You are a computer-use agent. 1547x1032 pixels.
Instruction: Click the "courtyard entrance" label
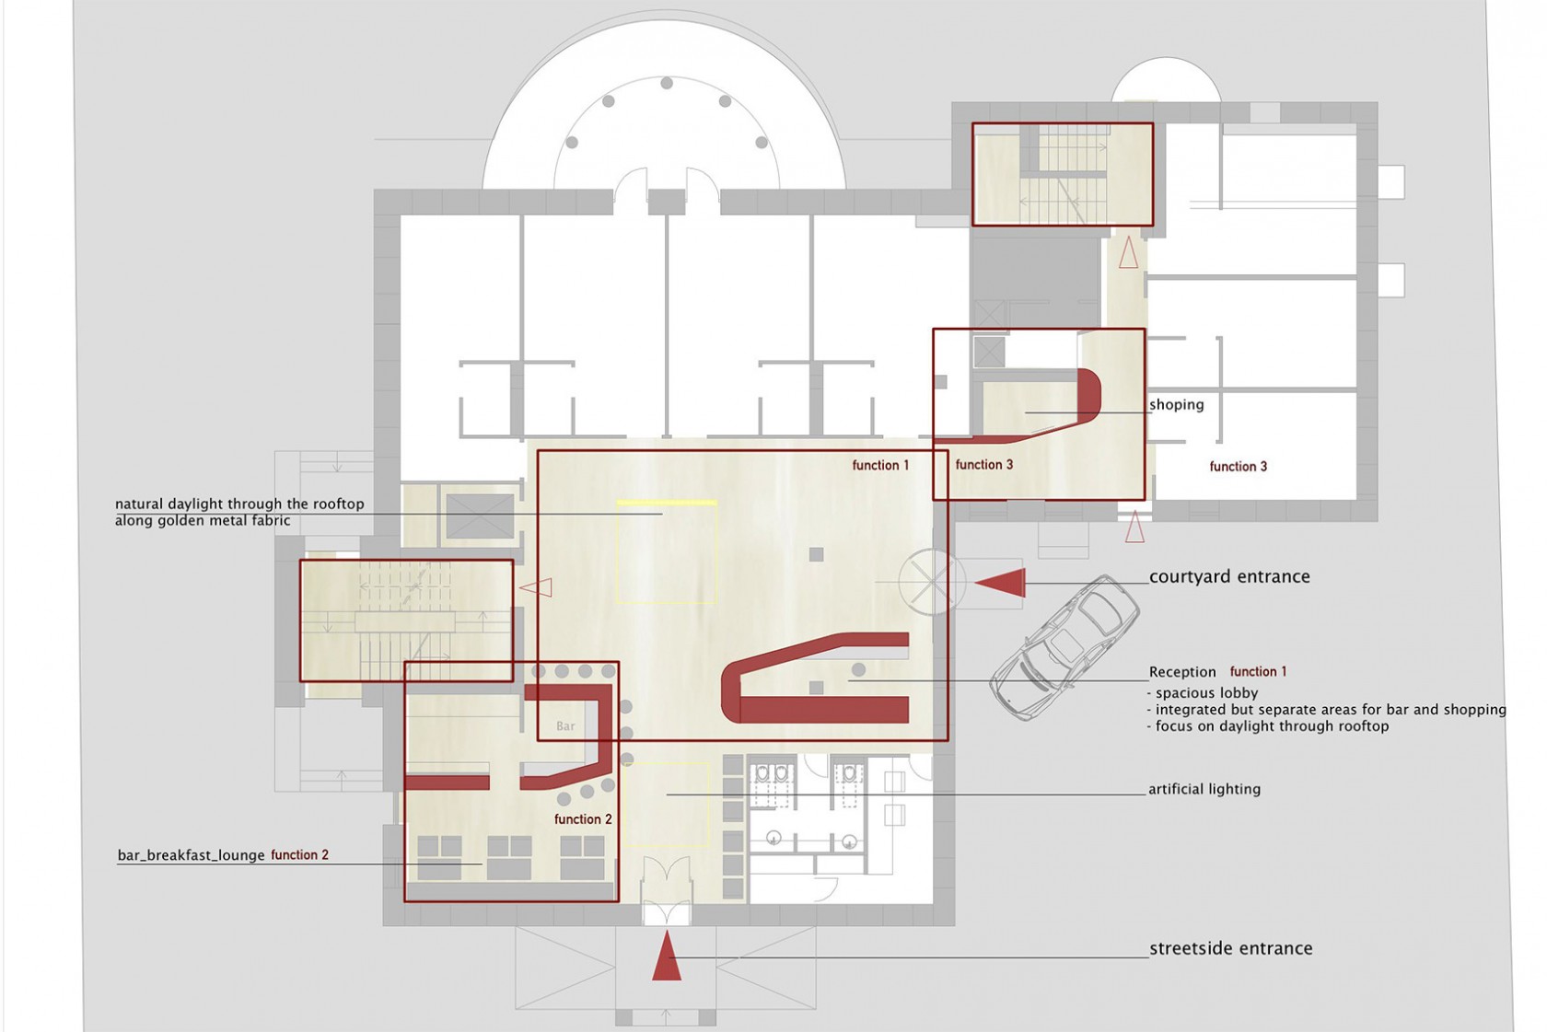coord(1229,576)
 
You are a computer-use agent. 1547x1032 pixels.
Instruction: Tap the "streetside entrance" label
coord(1230,948)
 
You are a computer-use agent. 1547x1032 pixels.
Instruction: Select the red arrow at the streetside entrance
coord(667,956)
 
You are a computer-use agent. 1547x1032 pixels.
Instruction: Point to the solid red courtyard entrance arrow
coord(1000,583)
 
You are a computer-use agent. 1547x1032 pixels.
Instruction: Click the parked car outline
coord(1064,647)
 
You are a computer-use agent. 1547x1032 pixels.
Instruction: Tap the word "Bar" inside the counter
coord(565,725)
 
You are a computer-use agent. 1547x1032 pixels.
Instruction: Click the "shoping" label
coord(1176,404)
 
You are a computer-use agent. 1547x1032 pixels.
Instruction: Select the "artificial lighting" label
coord(1204,789)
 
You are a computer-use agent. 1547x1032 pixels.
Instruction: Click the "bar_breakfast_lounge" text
coord(192,855)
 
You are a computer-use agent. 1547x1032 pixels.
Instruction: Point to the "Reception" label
coord(1182,672)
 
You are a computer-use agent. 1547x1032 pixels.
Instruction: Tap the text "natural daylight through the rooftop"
coord(239,504)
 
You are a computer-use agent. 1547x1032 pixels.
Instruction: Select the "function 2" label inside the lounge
coord(583,819)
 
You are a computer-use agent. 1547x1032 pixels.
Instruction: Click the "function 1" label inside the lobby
coord(880,465)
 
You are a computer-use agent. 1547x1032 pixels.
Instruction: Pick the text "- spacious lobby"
coord(1203,693)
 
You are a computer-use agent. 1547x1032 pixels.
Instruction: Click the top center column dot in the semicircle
coord(667,83)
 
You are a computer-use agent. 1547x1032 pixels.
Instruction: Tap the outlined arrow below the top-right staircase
coord(1128,252)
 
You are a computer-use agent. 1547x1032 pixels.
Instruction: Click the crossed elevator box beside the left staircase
coord(480,516)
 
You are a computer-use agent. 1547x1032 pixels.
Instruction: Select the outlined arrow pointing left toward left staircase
coord(535,587)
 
